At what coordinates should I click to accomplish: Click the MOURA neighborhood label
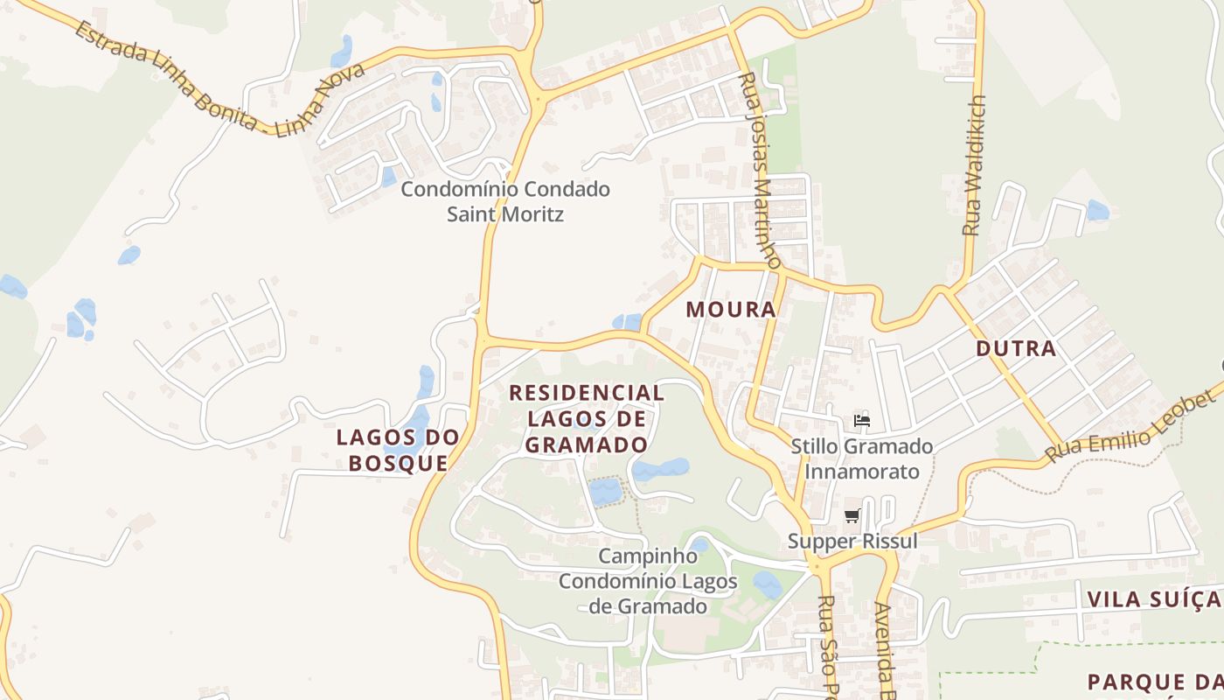(x=731, y=310)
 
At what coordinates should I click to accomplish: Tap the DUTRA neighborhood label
(x=1016, y=348)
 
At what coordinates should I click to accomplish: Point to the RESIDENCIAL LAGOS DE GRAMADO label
(x=587, y=418)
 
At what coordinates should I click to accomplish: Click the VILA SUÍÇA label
(x=1153, y=599)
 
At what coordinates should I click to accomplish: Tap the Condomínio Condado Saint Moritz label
(x=505, y=201)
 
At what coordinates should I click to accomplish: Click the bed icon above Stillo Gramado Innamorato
(x=862, y=420)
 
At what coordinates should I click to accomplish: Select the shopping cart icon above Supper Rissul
(x=852, y=516)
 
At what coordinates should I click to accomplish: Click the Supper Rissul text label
(x=852, y=541)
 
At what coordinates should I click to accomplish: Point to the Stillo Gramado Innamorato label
(x=862, y=458)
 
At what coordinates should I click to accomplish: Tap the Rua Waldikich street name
(x=974, y=165)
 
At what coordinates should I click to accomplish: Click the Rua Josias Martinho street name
(x=759, y=170)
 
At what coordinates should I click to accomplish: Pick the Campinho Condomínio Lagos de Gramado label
(x=648, y=581)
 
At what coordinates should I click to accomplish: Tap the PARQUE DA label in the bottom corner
(x=1153, y=682)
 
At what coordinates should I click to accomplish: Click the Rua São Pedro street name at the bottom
(x=827, y=647)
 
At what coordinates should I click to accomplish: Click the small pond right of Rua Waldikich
(x=1097, y=211)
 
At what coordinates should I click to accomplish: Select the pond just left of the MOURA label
(x=627, y=322)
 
